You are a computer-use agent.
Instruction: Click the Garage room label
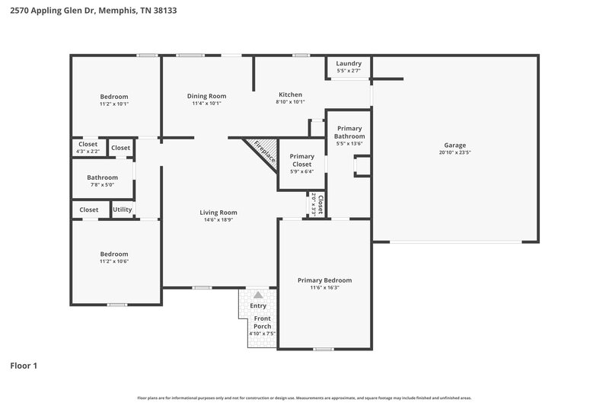[x=455, y=145]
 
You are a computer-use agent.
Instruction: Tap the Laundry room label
[x=349, y=63]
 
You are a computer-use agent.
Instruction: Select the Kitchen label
[x=290, y=94]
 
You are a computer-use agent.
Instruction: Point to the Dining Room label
[x=207, y=96]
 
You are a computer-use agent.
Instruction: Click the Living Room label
[x=218, y=213]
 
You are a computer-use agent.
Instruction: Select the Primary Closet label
[x=302, y=160]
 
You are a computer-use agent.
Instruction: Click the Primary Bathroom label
[x=349, y=133]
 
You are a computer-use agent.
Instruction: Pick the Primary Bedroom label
[x=324, y=280]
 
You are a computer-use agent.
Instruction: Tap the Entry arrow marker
[x=259, y=295]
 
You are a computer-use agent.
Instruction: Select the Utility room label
[x=123, y=209]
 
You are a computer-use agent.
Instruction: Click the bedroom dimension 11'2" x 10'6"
[x=114, y=261]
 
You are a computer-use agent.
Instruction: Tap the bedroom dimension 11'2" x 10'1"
[x=114, y=104]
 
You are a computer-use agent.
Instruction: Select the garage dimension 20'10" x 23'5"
[x=455, y=152]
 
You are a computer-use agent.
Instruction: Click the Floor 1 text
[x=24, y=366]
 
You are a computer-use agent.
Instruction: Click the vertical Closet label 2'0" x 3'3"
[x=320, y=205]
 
